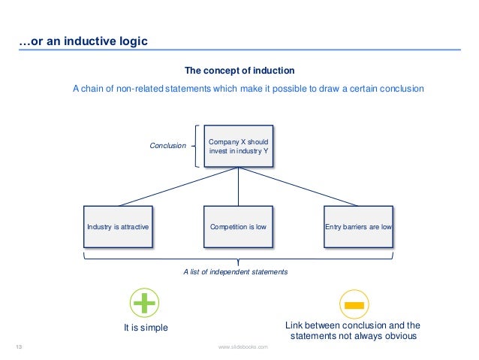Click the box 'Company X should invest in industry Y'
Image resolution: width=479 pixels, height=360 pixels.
238,146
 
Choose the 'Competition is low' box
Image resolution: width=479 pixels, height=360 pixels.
238,225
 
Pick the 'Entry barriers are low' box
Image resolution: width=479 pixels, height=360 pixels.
357,225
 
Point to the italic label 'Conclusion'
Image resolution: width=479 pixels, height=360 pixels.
167,146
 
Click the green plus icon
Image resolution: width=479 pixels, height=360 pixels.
145,304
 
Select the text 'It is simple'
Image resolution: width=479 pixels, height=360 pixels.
146,328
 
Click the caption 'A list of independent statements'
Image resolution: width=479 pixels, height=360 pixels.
235,271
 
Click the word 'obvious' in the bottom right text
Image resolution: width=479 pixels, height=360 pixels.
399,336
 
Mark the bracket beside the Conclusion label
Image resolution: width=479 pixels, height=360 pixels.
197,146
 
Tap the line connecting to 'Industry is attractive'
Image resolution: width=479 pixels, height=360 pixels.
178,186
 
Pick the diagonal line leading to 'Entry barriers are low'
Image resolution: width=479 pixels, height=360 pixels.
298,186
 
